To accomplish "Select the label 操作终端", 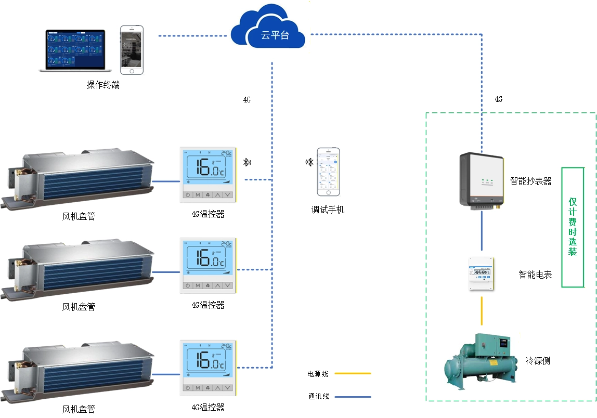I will click(103, 85).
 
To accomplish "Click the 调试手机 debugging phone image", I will click(328, 172).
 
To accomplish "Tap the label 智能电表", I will click(535, 275).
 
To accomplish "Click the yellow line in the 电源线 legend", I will click(353, 373).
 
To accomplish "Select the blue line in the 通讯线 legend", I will click(353, 397).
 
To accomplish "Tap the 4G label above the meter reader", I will click(498, 99).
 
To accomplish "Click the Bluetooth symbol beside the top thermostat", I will click(246, 162).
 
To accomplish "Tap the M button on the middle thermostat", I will click(198, 285).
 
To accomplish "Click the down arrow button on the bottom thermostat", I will click(227, 388).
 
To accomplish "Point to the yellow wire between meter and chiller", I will click(482, 311).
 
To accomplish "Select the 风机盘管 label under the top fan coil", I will click(79, 216).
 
